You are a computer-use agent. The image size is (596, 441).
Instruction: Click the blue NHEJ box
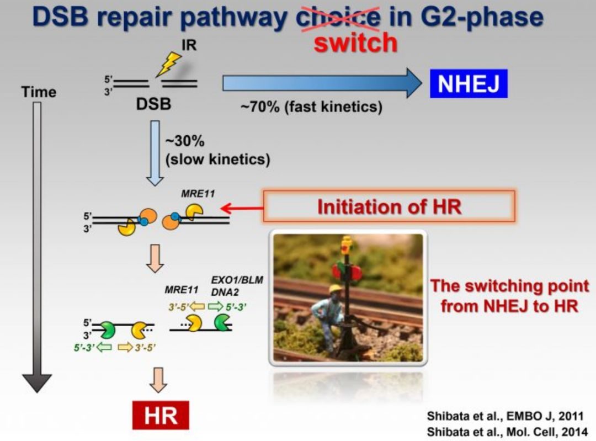(469, 84)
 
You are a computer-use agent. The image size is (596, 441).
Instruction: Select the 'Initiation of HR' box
(389, 207)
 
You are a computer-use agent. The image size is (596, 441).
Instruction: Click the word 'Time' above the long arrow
(39, 92)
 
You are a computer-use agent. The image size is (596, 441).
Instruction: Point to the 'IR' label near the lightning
(189, 45)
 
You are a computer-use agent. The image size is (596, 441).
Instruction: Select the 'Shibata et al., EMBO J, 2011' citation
(504, 416)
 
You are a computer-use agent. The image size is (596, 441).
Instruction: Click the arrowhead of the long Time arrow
(37, 382)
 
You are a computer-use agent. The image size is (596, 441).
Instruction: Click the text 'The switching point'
(509, 286)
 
